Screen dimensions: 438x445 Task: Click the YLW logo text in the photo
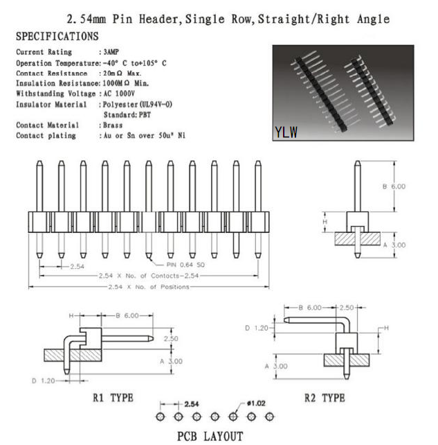pyautogui.click(x=286, y=132)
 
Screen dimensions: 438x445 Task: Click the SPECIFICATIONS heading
pyautogui.click(x=57, y=37)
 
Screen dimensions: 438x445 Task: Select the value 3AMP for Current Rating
pyautogui.click(x=111, y=52)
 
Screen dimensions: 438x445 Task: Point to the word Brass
pyautogui.click(x=113, y=125)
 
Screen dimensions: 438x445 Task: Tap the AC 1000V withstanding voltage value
pyautogui.click(x=119, y=94)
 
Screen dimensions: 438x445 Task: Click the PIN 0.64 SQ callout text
pyautogui.click(x=185, y=265)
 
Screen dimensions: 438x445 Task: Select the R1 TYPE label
pyautogui.click(x=113, y=398)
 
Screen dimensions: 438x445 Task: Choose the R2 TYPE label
pyautogui.click(x=325, y=398)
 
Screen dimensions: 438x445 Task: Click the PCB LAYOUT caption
pyautogui.click(x=210, y=436)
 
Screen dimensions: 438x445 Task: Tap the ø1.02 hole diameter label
pyautogui.click(x=257, y=403)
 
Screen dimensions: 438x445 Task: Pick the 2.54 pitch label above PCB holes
pyautogui.click(x=192, y=404)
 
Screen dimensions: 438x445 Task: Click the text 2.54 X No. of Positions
pyautogui.click(x=149, y=287)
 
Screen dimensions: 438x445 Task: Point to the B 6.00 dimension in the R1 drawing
pyautogui.click(x=127, y=315)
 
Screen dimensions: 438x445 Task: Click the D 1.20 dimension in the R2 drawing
pyautogui.click(x=257, y=328)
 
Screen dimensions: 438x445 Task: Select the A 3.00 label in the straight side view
pyautogui.click(x=394, y=245)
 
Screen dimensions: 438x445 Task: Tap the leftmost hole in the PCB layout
pyautogui.click(x=161, y=417)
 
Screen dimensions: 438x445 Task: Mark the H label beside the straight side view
pyautogui.click(x=325, y=222)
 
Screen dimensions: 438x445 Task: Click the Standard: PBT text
pyautogui.click(x=127, y=115)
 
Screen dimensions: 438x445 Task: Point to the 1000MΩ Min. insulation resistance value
pyautogui.click(x=125, y=83)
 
